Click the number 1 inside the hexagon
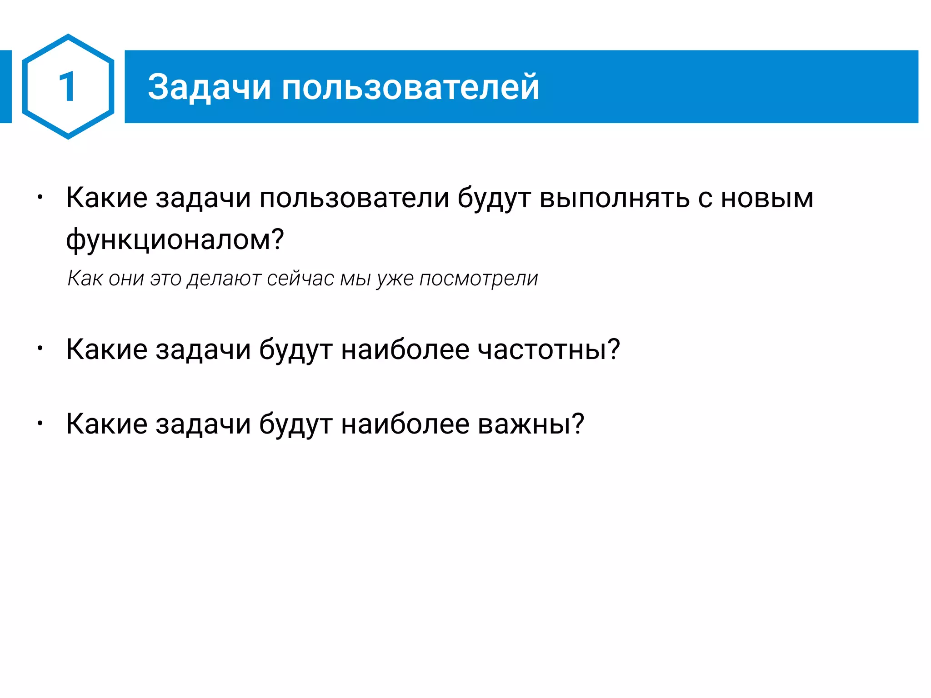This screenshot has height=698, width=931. click(x=68, y=87)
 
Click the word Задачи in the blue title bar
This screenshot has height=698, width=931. click(x=209, y=87)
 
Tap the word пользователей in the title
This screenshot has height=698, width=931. click(x=410, y=87)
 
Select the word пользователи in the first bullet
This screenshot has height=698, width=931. click(x=354, y=198)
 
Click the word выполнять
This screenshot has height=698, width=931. click(x=614, y=198)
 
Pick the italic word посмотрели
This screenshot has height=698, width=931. click(x=479, y=278)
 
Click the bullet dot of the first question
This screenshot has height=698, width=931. click(x=40, y=198)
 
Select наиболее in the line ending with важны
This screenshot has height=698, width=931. click(x=405, y=424)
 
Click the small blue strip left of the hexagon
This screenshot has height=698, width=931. click(x=5, y=86)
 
